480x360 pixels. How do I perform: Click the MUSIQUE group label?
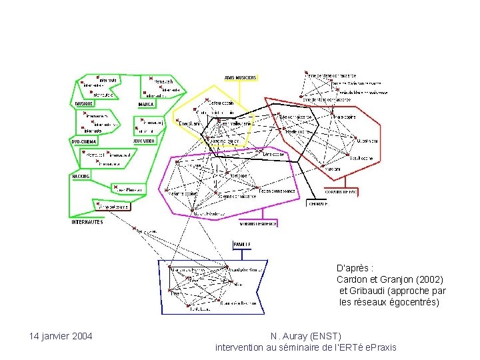point(83,105)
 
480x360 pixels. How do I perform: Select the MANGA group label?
point(146,105)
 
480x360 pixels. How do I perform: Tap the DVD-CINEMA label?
point(85,141)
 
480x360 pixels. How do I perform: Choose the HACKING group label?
point(81,176)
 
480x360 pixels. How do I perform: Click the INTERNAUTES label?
point(87,222)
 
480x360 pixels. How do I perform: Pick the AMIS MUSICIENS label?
point(240,77)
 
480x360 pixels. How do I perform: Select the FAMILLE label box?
point(242,245)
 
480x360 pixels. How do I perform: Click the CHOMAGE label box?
point(317,204)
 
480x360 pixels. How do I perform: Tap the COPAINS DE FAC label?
point(344,191)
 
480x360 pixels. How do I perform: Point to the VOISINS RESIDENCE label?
point(258,224)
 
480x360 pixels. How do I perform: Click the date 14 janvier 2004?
point(61,335)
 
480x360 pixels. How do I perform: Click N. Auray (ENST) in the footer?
point(306,335)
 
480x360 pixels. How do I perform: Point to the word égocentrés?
point(413,302)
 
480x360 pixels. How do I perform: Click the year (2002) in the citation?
point(429,279)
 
